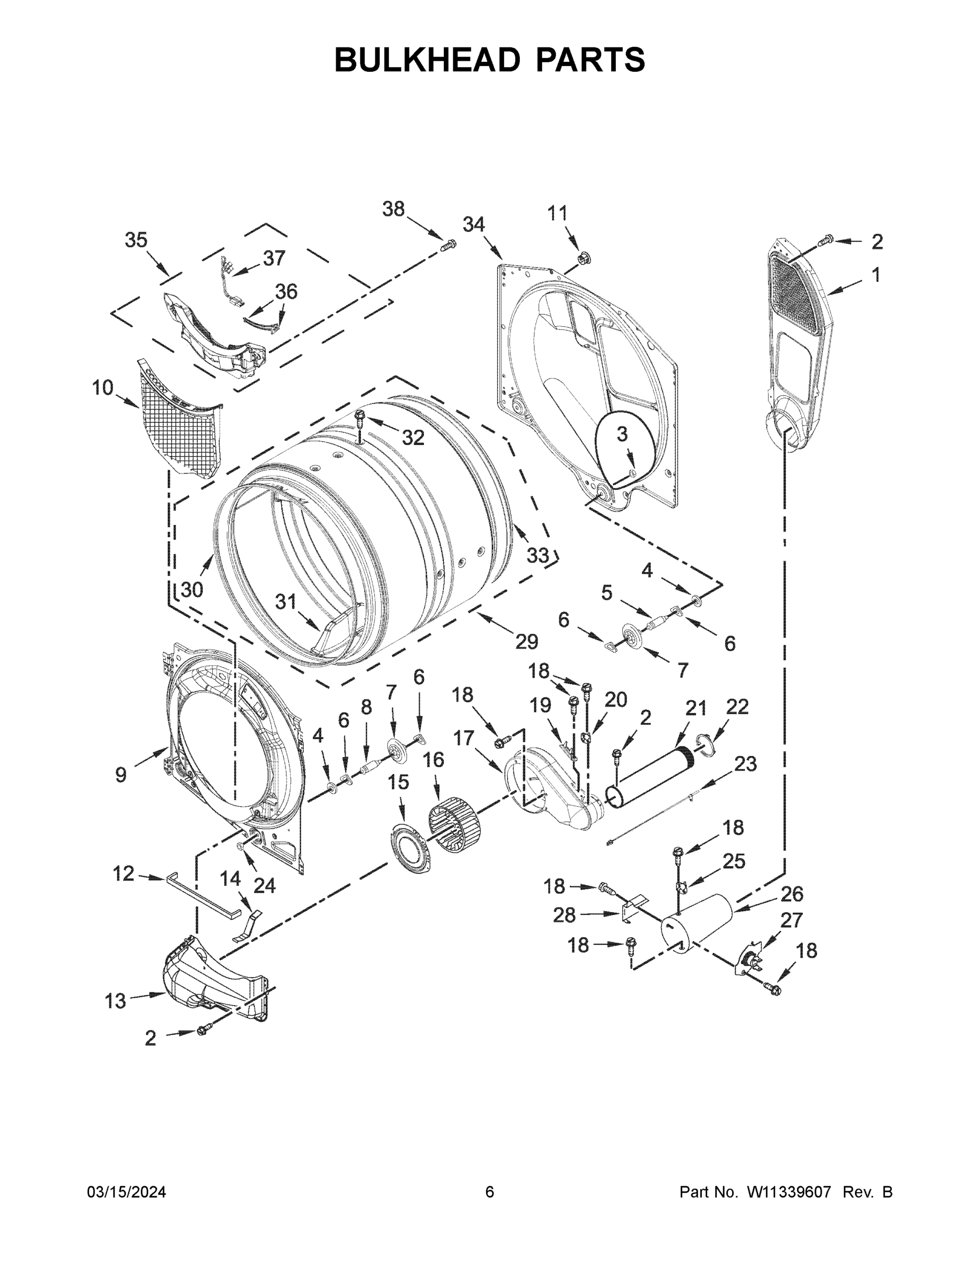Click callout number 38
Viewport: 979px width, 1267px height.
click(393, 209)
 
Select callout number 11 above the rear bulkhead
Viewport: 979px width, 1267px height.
click(557, 213)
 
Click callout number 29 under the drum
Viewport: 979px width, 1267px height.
click(527, 641)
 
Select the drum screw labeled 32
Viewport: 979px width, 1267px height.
click(360, 419)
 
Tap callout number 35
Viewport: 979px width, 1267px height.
click(136, 240)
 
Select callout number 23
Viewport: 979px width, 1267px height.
click(745, 764)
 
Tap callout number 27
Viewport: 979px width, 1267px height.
click(792, 921)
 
